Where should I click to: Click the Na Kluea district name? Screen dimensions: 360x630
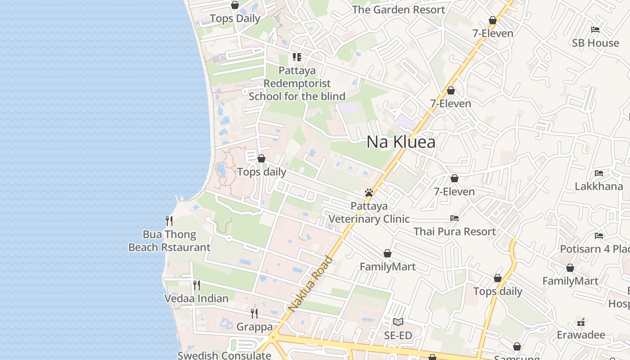tap(400, 142)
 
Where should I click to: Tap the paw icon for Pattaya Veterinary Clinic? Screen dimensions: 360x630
tap(369, 193)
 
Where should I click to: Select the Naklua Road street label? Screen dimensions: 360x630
tap(310, 284)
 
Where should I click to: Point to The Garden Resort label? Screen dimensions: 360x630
tap(398, 9)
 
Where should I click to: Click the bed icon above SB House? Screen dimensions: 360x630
tap(595, 30)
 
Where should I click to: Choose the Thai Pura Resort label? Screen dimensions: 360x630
tap(454, 231)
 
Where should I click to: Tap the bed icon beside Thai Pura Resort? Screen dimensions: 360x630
tap(454, 218)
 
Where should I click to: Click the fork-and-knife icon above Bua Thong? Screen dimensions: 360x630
tap(169, 220)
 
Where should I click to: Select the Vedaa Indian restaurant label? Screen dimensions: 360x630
tap(196, 298)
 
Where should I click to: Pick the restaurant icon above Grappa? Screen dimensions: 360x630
tap(254, 313)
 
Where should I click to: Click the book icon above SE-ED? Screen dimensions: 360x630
tap(398, 322)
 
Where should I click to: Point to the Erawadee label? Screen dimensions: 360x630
tap(581, 335)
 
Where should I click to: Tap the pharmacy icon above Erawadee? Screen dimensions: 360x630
tap(581, 322)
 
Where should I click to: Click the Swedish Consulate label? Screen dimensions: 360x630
tap(224, 355)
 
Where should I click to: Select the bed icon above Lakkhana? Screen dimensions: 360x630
tap(598, 173)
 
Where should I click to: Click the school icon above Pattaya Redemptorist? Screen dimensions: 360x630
tap(297, 57)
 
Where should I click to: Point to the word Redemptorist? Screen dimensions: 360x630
tap(297, 83)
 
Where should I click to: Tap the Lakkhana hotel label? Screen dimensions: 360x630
tap(598, 186)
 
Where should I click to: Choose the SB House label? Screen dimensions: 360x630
tap(595, 43)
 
